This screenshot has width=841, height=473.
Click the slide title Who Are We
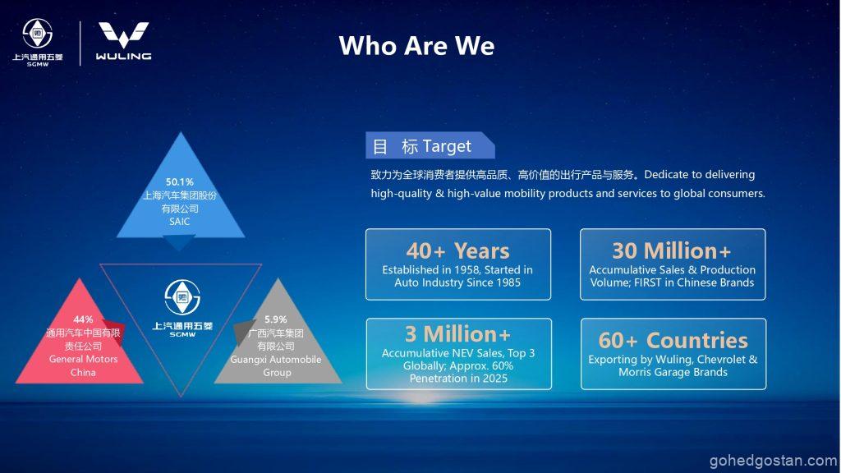pyautogui.click(x=416, y=46)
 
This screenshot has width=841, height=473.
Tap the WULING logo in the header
pyautogui.click(x=123, y=41)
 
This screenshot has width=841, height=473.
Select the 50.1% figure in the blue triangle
pyautogui.click(x=180, y=181)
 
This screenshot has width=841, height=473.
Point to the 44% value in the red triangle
pyautogui.click(x=83, y=319)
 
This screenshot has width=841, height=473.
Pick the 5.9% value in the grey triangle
pyautogui.click(x=276, y=319)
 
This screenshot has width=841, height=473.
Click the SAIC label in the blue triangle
pyautogui.click(x=180, y=222)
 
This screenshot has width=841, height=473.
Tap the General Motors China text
pyautogui.click(x=83, y=365)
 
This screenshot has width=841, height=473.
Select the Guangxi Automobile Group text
pyautogui.click(x=276, y=365)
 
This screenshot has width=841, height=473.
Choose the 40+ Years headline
pyautogui.click(x=457, y=250)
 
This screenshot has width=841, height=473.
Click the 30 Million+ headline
pyautogui.click(x=672, y=250)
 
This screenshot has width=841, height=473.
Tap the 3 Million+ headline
pyautogui.click(x=458, y=334)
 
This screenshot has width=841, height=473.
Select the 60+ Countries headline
pyautogui.click(x=673, y=340)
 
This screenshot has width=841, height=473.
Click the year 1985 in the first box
pyautogui.click(x=508, y=282)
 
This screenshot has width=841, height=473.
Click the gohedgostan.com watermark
pyautogui.click(x=773, y=461)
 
